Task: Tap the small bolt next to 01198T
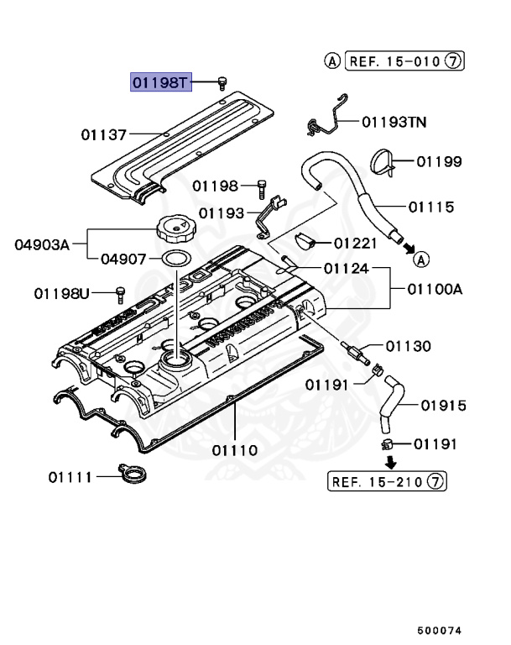[222, 81]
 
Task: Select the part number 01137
[104, 134]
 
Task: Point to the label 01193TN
[394, 122]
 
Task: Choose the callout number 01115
[431, 206]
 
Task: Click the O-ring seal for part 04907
[174, 258]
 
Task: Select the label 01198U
[61, 293]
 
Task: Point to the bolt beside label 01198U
[119, 293]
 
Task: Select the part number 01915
[443, 406]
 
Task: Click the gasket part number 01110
[235, 450]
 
